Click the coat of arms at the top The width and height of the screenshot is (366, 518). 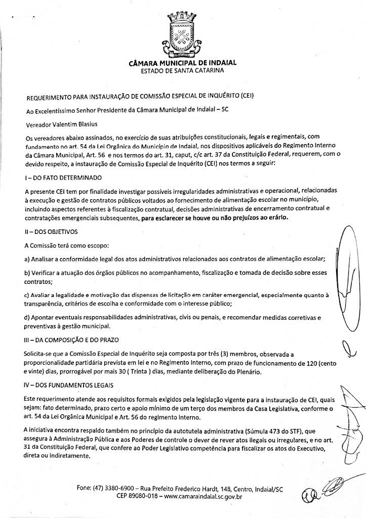pyautogui.click(x=182, y=36)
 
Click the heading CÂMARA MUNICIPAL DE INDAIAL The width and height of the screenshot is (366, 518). pyautogui.click(x=183, y=63)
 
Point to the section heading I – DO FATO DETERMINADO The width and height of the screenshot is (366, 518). pyautogui.click(x=63, y=178)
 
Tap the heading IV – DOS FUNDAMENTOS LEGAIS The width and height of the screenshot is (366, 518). pyautogui.click(x=68, y=386)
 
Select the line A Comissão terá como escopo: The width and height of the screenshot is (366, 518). pyautogui.click(x=66, y=245)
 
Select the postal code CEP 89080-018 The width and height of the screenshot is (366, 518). pyautogui.click(x=137, y=497)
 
